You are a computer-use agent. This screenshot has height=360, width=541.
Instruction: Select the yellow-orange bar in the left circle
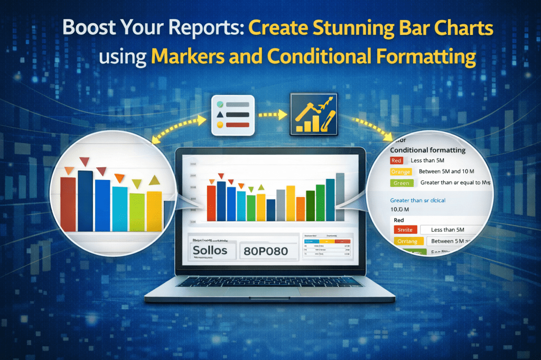(x=154, y=211)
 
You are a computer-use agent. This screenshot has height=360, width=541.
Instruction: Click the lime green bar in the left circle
(x=137, y=212)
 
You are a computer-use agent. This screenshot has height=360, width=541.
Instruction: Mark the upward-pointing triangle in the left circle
(x=154, y=181)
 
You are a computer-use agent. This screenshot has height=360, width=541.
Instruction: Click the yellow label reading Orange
(x=400, y=172)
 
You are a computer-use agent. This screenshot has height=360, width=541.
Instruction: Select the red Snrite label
(x=406, y=230)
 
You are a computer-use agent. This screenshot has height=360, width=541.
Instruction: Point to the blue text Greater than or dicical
(x=417, y=201)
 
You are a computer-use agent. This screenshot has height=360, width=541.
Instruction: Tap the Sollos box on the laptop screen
(x=210, y=250)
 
